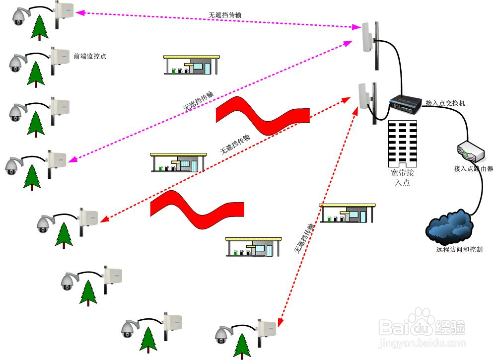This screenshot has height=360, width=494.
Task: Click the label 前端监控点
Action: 90,57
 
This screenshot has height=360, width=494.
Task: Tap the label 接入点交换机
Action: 445,103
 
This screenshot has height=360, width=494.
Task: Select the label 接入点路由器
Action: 473,169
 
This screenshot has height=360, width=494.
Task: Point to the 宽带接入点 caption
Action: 402,178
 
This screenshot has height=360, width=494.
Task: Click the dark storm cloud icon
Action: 448,227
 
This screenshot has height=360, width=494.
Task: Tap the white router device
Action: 468,151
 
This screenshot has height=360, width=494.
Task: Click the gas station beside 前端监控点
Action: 191,65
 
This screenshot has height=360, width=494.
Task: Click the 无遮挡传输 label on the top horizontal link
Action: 225,16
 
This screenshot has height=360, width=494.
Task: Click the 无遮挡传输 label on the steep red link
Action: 304,239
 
